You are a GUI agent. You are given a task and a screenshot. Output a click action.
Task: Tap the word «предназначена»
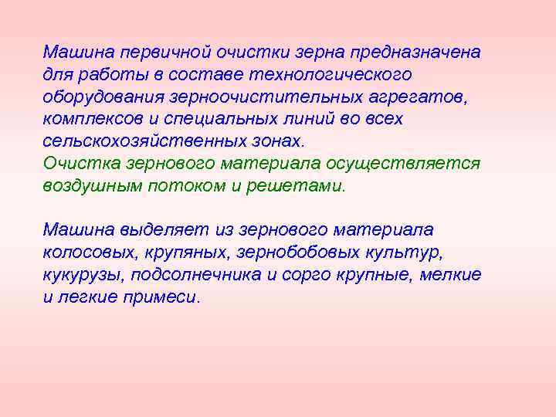[415, 53]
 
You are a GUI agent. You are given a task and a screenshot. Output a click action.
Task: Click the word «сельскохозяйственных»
[145, 142]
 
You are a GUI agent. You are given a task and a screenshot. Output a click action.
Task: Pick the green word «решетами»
[303, 186]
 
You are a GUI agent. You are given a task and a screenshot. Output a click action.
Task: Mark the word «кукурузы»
[84, 275]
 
